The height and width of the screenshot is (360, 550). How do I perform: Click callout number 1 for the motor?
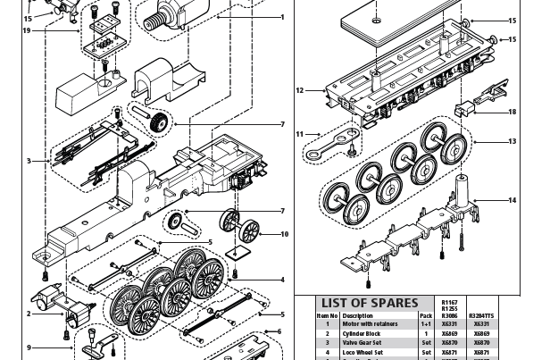click(x=283, y=17)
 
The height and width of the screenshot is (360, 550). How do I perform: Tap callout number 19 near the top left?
click(x=26, y=30)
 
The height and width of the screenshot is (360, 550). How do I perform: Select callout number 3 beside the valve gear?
click(x=29, y=162)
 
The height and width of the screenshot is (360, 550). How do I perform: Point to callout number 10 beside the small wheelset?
click(x=284, y=235)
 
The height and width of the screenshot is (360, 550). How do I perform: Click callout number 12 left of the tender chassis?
click(x=300, y=90)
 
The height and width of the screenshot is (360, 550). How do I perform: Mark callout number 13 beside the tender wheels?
click(x=512, y=141)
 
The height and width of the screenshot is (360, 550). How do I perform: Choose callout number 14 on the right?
click(x=512, y=200)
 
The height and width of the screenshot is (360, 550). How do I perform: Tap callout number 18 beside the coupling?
click(x=512, y=113)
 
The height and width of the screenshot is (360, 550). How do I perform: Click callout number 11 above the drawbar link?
click(x=301, y=134)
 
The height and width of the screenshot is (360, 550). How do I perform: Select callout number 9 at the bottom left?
click(x=29, y=347)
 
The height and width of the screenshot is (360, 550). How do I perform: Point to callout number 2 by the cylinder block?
click(x=29, y=314)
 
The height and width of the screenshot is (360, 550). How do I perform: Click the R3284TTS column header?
click(x=480, y=315)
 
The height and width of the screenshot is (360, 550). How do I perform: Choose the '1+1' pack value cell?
click(x=426, y=323)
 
